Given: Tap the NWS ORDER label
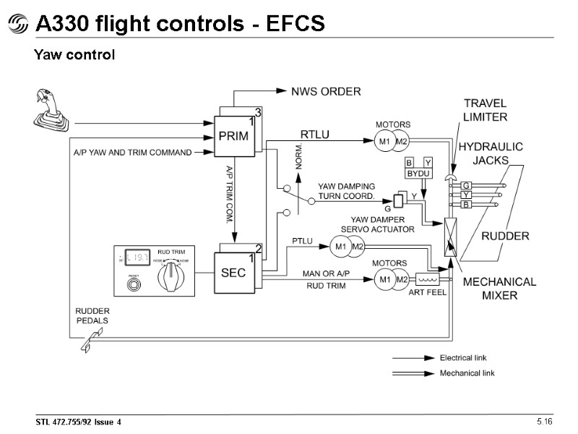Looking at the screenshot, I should click(325, 92).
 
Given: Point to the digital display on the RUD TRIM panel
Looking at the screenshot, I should click(135, 258).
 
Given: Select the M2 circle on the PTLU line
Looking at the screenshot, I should click(357, 247).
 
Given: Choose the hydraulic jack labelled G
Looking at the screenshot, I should click(466, 186).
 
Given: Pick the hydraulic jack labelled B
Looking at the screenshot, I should click(466, 205).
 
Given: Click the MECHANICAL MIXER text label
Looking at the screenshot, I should click(499, 289).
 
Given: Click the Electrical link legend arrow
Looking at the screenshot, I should click(413, 358).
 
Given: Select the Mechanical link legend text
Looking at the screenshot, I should click(467, 373).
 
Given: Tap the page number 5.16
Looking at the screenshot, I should click(543, 421).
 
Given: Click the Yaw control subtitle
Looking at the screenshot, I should click(74, 55).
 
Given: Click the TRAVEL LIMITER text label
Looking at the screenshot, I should click(485, 110).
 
